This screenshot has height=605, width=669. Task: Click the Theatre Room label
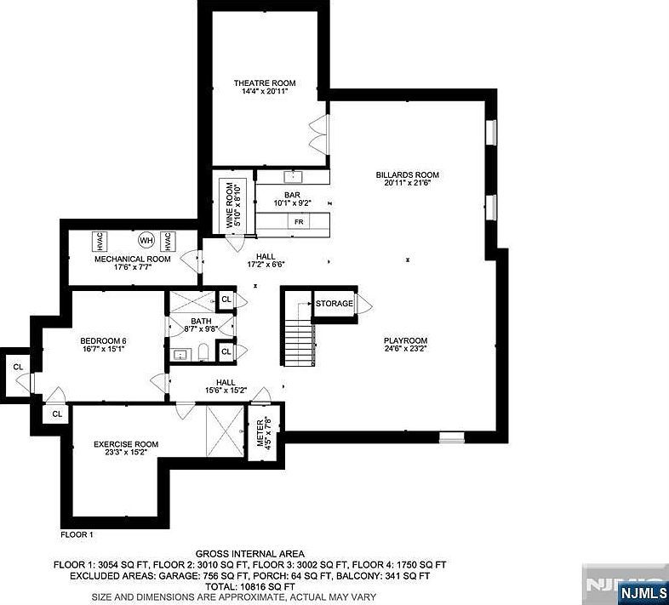pos(265,83)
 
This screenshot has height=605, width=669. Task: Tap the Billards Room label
pos(411,175)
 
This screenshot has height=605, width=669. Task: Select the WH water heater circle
pos(146,238)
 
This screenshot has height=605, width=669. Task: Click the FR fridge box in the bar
pos(299,221)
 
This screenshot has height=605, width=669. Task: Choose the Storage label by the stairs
pos(334,304)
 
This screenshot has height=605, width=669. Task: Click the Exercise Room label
pos(126,443)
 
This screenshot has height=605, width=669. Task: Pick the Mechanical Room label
pos(132,259)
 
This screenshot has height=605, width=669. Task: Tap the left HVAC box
pos(100,239)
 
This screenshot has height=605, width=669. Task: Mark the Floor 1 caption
pos(77,534)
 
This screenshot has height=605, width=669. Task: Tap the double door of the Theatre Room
pos(319,132)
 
